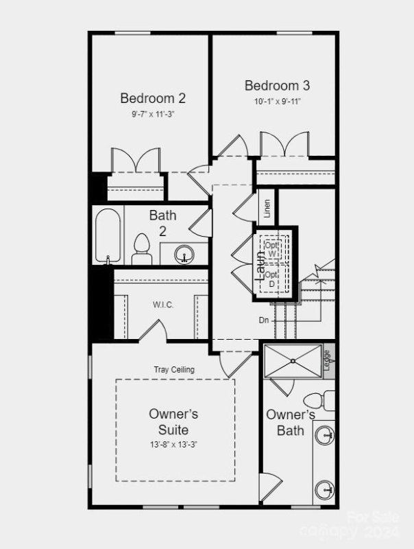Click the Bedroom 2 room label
click(153, 98)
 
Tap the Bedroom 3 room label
click(277, 86)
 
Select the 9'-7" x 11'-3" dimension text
click(153, 115)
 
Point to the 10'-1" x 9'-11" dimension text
click(277, 102)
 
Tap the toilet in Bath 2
click(142, 248)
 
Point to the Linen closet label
click(267, 207)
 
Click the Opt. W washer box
click(273, 248)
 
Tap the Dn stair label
click(263, 320)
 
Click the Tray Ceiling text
click(173, 369)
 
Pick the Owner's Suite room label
click(173, 422)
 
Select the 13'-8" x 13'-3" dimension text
click(173, 445)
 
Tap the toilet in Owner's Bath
click(316, 401)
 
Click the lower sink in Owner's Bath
click(326, 490)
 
